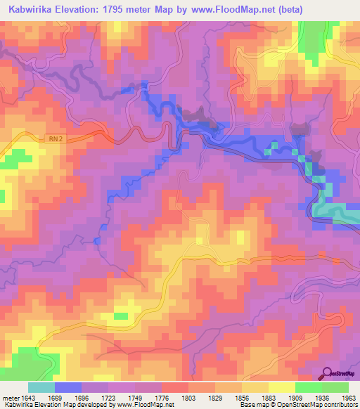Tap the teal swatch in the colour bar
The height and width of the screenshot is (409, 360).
pyautogui.click(x=41, y=387)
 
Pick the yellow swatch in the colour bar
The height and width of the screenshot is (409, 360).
pyautogui.click(x=282, y=387)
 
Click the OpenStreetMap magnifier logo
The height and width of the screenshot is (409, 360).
pyautogui.click(x=328, y=374)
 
